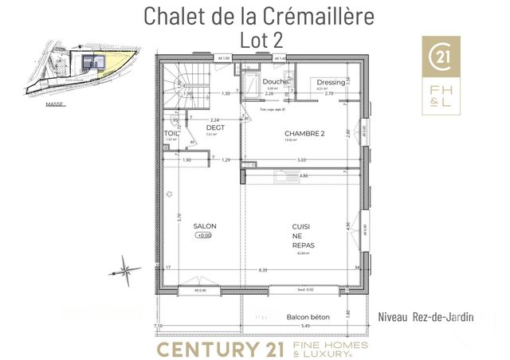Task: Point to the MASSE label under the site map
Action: click(55, 103)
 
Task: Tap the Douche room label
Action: click(276, 82)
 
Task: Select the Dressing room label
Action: click(330, 83)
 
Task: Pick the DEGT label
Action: click(214, 127)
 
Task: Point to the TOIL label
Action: click(171, 133)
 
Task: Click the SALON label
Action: click(205, 226)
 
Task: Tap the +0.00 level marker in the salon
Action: click(206, 236)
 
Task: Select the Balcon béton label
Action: click(308, 317)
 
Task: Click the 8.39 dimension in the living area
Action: click(263, 271)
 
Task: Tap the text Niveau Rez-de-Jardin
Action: click(427, 317)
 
